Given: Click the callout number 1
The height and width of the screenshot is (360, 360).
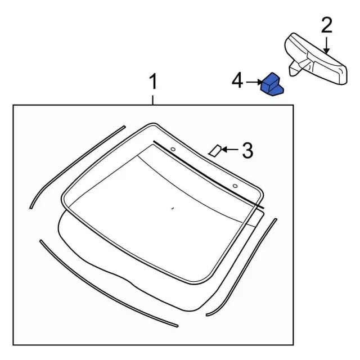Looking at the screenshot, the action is coord(153,82).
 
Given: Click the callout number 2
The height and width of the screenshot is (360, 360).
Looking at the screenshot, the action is coord(327,25).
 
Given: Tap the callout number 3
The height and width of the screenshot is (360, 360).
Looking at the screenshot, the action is coord(247,150).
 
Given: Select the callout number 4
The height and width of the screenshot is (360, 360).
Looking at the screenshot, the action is coord(237,80).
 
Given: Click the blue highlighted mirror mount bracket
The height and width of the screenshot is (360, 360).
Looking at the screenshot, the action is coord(272,84).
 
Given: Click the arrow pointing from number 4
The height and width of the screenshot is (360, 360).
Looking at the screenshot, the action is coord(254,82).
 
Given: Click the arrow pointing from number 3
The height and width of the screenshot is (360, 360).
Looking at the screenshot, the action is coord(230,150).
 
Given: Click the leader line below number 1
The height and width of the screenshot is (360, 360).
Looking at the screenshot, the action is coord(152,100).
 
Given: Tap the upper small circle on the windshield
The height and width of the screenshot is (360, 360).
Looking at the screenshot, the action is coord(173,149).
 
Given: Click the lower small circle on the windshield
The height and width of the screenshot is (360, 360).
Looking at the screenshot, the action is coord(235,186).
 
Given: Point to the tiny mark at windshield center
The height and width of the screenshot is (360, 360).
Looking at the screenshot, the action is coord(173,208).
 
